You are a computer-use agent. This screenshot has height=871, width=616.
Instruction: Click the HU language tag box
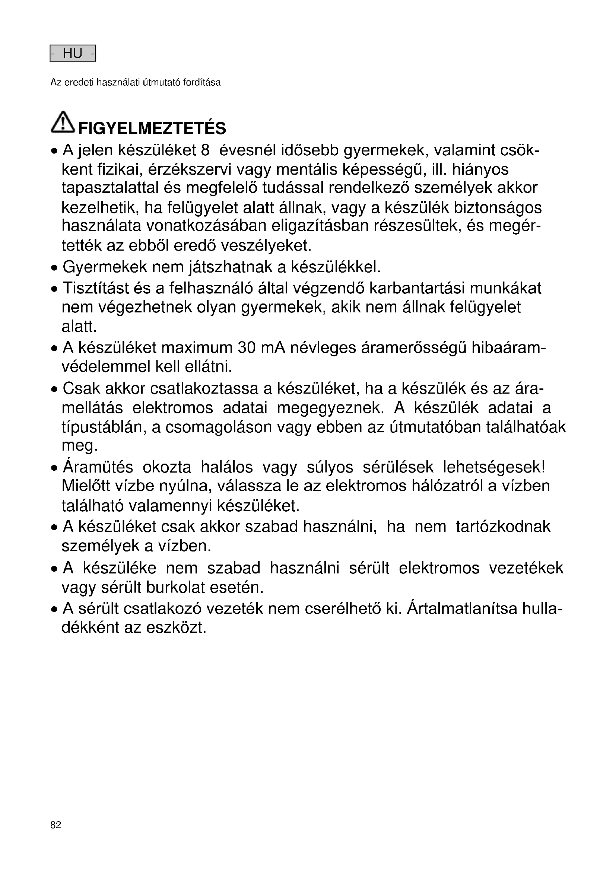click(73, 54)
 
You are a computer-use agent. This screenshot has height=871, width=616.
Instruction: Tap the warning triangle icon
click(63, 122)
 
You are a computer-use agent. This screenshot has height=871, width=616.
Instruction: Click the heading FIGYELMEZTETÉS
click(152, 128)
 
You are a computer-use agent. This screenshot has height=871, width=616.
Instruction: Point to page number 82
click(56, 825)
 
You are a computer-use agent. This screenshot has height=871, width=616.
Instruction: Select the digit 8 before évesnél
click(205, 150)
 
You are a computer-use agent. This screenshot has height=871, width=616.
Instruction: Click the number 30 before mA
click(247, 348)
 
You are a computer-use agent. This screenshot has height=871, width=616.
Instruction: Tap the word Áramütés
click(98, 467)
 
